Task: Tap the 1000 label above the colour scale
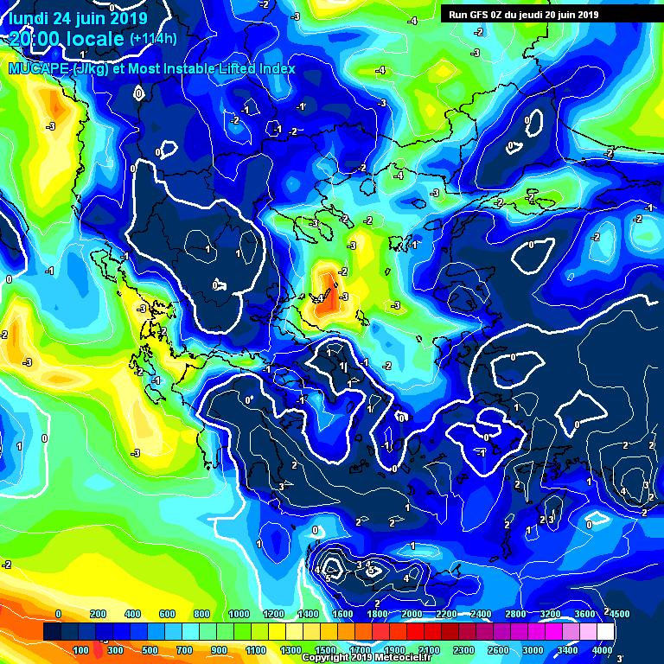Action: [x=237, y=614]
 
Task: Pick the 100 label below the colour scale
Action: [x=80, y=649]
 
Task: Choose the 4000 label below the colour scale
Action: [x=602, y=649]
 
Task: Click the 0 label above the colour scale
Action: [x=58, y=614]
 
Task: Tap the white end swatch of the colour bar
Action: [x=605, y=632]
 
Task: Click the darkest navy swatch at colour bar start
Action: [x=52, y=632]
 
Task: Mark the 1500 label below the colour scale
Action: [x=325, y=649]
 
